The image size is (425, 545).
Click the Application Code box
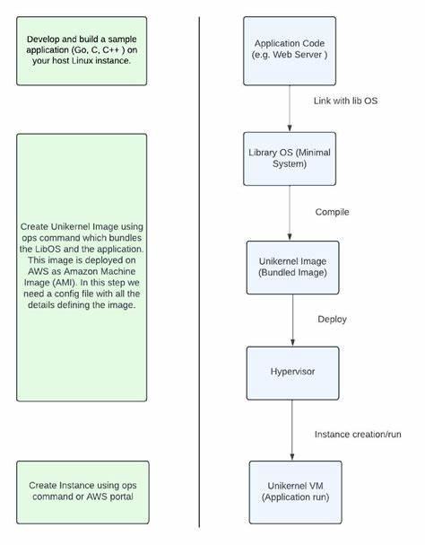[x=290, y=48]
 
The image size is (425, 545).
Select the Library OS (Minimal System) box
[x=290, y=158]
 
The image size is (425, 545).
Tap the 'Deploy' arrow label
[x=332, y=320]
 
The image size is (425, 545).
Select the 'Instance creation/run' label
[x=358, y=435]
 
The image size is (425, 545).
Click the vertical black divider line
[x=199, y=269]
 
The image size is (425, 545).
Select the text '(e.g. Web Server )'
[x=290, y=55]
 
